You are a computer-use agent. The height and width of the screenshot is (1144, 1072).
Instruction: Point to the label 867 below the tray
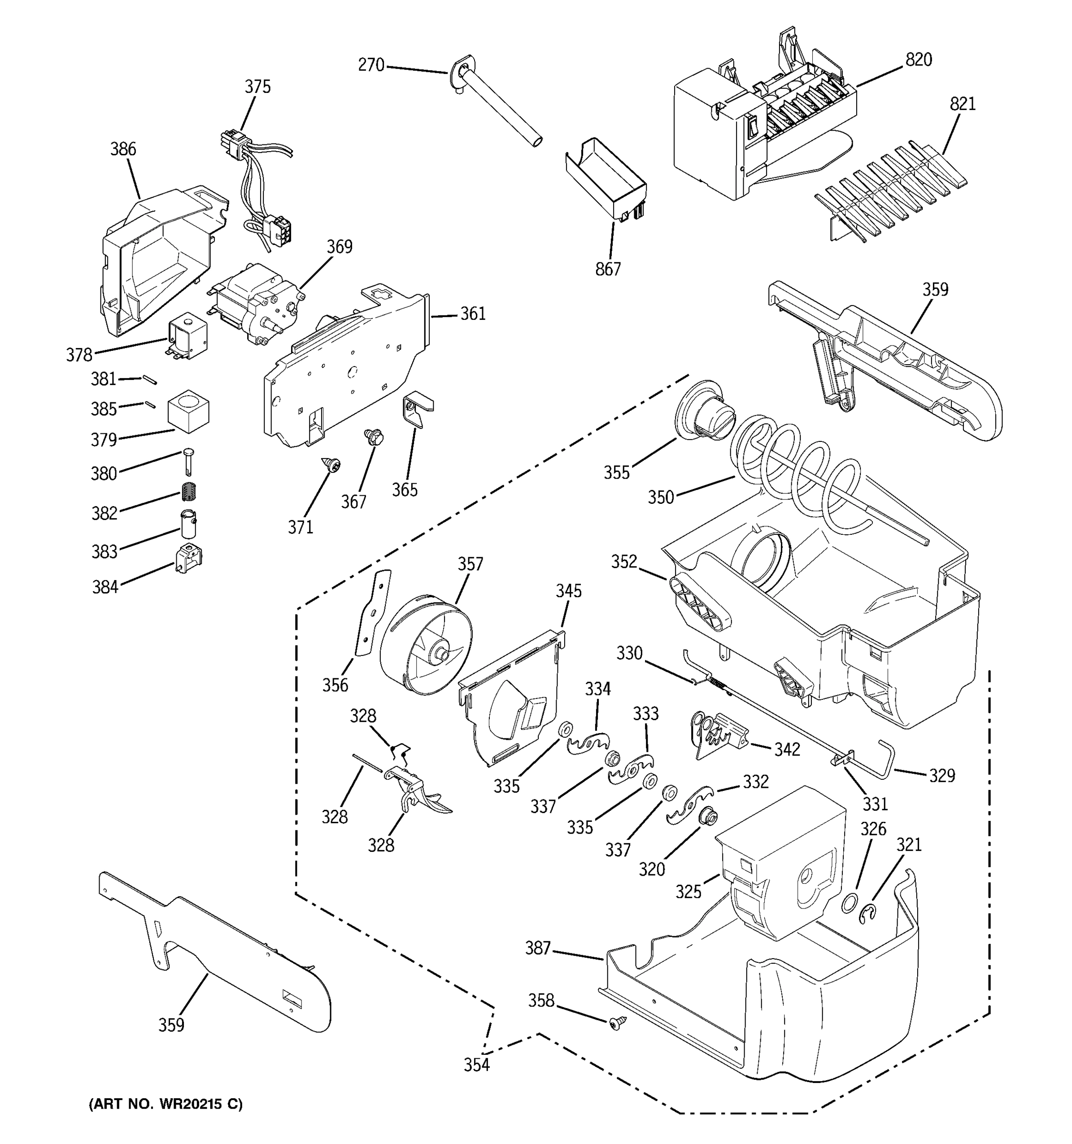[608, 269]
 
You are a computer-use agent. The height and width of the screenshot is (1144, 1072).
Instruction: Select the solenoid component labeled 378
[188, 336]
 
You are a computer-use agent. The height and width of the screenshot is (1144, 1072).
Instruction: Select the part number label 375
[257, 87]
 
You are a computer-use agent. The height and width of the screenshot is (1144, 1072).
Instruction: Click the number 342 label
[787, 749]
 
